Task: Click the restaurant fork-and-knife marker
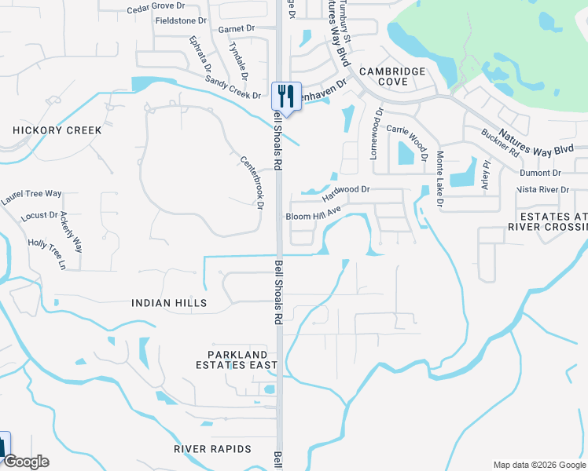tap(286, 97)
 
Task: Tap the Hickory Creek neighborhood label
tap(57, 130)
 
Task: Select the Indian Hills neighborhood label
tap(169, 303)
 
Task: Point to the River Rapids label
tap(212, 449)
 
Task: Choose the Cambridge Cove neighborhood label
tap(393, 76)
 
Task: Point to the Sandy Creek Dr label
tap(233, 88)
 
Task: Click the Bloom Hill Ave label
tap(313, 214)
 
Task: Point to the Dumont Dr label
tap(540, 173)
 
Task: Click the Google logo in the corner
tap(25, 462)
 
